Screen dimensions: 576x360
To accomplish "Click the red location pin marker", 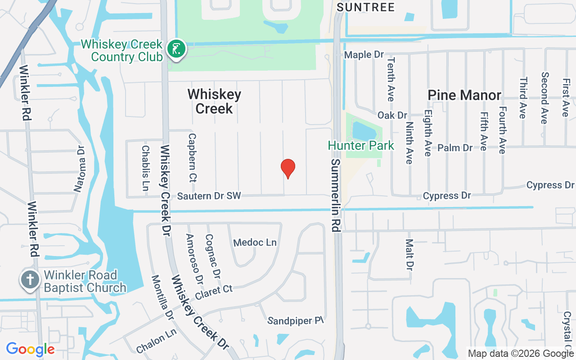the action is (x=288, y=168).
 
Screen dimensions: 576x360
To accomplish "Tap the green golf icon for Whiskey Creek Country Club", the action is (x=176, y=49).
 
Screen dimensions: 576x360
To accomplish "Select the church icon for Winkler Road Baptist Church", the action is (x=30, y=280).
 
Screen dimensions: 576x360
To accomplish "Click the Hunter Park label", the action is (x=361, y=146).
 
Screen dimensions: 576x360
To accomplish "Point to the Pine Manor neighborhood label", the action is (x=464, y=95).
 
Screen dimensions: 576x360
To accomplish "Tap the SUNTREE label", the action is (x=365, y=7).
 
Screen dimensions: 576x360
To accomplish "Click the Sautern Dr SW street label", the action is (x=209, y=196).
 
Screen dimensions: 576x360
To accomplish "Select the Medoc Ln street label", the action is (x=255, y=243).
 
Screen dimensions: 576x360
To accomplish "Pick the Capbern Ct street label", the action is (x=192, y=157).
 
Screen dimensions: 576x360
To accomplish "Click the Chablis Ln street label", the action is (x=145, y=168).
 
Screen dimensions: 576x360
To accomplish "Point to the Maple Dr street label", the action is (x=364, y=55).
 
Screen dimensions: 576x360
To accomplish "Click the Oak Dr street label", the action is (x=392, y=115).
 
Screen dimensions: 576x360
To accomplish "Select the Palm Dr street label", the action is (x=455, y=148).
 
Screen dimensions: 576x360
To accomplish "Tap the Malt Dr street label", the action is (x=409, y=255).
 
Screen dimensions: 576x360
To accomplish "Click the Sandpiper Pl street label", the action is (x=296, y=321).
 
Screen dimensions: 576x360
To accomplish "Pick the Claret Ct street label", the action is (x=214, y=292).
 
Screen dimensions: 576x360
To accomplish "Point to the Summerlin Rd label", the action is (x=335, y=195).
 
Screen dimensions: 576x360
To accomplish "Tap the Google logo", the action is (x=31, y=349).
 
